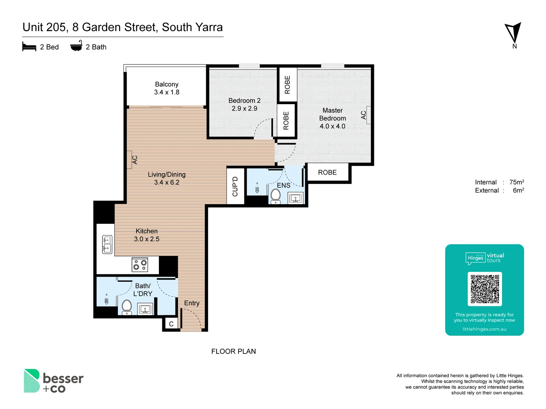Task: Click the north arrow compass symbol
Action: pos(513,33)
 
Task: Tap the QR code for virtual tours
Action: pos(485,289)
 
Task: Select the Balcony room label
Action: pos(166,84)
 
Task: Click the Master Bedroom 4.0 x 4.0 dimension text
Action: pos(332,126)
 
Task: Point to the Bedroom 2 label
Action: pos(244,101)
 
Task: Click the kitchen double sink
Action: pos(107,244)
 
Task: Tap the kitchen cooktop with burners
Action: pos(140,265)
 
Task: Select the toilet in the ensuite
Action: pos(276,196)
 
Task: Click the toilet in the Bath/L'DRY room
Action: pos(127,307)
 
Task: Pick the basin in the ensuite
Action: pos(295,198)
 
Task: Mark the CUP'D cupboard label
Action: pos(235,186)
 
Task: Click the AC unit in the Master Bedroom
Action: pos(366,115)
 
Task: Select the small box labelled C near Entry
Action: pos(171,324)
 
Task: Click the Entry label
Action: pos(191,303)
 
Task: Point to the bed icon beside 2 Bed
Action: pos(29,47)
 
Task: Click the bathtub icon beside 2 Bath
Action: pos(76,46)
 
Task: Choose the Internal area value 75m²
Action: pos(516,182)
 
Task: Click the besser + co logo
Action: pos(53,381)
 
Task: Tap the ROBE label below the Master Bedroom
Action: pos(327,173)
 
